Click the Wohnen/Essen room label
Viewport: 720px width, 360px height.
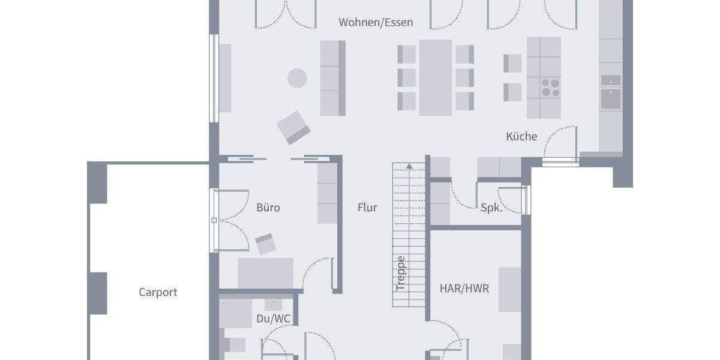point(376,23)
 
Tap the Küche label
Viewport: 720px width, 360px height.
point(521,137)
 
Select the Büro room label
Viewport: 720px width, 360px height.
point(268,208)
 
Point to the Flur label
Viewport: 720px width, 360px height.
point(367,208)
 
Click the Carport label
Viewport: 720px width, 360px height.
point(158,292)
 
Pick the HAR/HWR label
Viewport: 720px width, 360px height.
point(464,289)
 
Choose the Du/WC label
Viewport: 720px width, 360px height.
point(274,319)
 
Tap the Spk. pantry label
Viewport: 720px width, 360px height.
point(492,208)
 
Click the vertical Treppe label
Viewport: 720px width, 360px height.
point(401,274)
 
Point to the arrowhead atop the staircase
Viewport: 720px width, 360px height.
point(409,166)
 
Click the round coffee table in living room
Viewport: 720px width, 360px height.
point(297,78)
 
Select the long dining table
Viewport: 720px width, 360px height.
point(436,77)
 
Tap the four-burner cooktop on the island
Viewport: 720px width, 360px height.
point(550,88)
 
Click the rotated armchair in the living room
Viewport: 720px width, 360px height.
point(294,127)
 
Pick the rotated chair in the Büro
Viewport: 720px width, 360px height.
point(265,244)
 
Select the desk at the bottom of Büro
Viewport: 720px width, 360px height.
point(266,273)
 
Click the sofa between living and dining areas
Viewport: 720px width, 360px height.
point(333,78)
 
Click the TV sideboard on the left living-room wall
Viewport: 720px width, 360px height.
point(225,78)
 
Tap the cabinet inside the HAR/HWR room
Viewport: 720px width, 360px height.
point(510,289)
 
